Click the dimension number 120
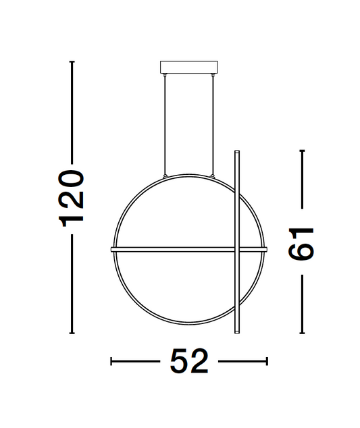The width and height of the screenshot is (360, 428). (72, 198)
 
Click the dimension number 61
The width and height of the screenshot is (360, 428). (301, 242)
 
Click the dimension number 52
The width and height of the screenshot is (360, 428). (189, 363)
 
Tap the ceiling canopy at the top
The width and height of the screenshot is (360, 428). (190, 68)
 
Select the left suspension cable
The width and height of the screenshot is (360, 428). (165, 125)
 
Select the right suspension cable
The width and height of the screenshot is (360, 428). (214, 125)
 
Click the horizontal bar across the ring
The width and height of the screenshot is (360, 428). (176, 249)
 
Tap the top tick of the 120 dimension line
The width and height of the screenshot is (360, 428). (72, 62)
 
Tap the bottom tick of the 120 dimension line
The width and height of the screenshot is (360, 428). (72, 333)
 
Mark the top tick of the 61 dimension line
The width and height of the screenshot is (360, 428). (301, 151)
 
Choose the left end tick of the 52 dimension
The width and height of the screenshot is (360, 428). (111, 363)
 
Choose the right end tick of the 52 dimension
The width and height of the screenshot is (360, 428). (267, 363)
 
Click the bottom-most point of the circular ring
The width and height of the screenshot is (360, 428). (189, 326)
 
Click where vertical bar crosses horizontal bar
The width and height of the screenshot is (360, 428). (236, 249)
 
